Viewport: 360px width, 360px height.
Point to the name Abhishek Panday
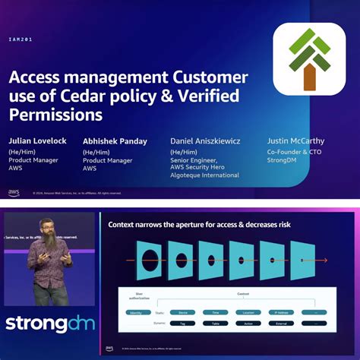pyautogui.click(x=115, y=141)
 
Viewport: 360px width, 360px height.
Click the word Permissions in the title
pyautogui.click(x=55, y=115)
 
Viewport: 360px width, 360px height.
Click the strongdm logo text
pyautogui.click(x=50, y=323)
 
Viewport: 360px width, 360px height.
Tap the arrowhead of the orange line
pyautogui.click(x=328, y=261)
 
